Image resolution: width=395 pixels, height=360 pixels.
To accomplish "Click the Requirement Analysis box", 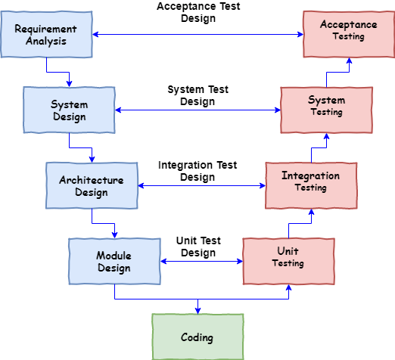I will click(x=46, y=34).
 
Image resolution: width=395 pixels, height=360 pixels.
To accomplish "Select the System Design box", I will click(x=69, y=110).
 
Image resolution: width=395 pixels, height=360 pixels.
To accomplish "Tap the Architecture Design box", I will click(x=92, y=185).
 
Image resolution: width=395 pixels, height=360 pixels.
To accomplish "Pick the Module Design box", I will click(x=114, y=262).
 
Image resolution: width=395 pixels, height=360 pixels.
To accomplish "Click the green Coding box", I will click(x=197, y=337).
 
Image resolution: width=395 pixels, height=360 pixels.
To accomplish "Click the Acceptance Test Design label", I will click(x=198, y=12).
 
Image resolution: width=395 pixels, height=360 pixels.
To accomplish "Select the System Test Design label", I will click(x=198, y=95).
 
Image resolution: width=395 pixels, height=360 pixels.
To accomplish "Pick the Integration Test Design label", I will click(x=197, y=171).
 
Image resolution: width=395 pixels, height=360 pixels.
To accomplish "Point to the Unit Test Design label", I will click(x=198, y=247).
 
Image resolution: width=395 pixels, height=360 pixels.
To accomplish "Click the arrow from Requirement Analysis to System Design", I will click(x=58, y=73).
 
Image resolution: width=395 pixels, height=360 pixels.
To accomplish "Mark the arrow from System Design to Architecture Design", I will click(x=80, y=148).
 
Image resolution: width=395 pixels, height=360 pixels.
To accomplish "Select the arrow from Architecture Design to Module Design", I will click(x=103, y=224).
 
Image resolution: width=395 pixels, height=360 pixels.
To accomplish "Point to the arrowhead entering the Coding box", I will click(x=197, y=310).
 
